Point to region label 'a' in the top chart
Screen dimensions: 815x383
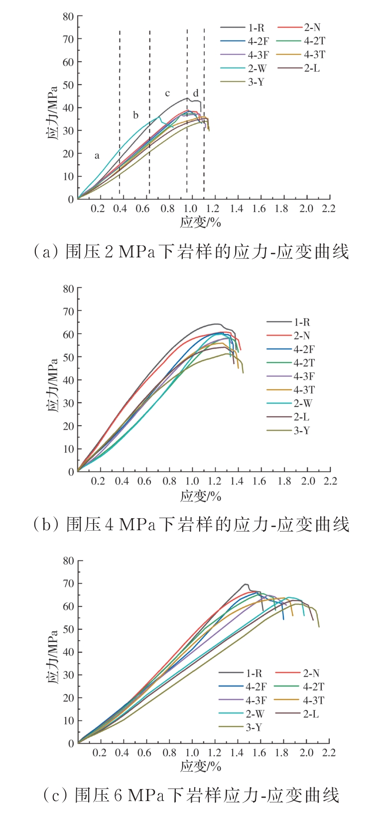coord(97,156)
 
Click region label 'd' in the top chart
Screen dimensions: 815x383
coord(196,94)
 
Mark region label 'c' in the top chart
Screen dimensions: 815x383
coord(168,93)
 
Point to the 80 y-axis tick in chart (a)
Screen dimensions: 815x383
coord(68,16)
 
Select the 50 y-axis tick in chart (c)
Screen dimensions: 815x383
coord(68,629)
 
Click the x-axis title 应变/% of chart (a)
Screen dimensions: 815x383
coord(200,222)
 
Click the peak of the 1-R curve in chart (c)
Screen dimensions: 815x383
coord(246,584)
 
